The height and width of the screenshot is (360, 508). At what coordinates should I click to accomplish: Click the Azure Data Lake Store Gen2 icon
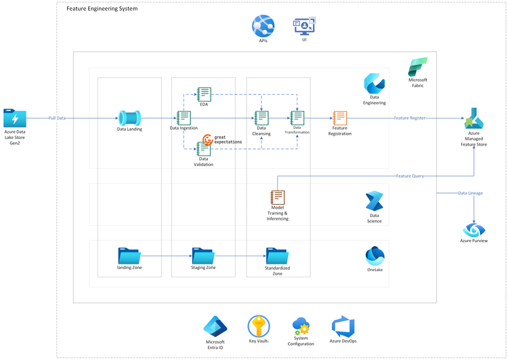[x=14, y=118]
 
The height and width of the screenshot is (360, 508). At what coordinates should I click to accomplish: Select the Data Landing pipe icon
[x=129, y=117]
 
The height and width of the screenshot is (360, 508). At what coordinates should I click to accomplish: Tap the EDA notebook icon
[x=203, y=94]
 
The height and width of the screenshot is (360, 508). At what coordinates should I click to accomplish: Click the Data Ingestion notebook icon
[x=183, y=117]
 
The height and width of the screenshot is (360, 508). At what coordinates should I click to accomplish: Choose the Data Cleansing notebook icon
[x=261, y=118]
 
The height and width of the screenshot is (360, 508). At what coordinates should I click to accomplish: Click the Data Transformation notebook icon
[x=297, y=118]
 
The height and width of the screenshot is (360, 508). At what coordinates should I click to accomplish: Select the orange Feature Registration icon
[x=340, y=118]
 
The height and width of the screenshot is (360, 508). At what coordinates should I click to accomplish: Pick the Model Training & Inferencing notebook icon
[x=277, y=197]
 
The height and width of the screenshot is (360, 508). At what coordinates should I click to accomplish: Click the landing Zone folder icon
[x=129, y=256]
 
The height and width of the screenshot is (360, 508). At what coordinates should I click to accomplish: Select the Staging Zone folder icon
[x=203, y=256]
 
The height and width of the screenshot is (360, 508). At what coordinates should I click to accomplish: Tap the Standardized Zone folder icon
[x=277, y=256]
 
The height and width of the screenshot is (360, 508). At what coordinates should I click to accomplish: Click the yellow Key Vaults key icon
[x=258, y=326]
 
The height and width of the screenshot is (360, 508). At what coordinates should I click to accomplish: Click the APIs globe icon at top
[x=263, y=26]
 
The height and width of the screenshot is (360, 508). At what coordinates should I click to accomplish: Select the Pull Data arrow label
[x=57, y=118]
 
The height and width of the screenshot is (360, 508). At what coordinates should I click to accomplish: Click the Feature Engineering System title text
[x=102, y=9]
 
